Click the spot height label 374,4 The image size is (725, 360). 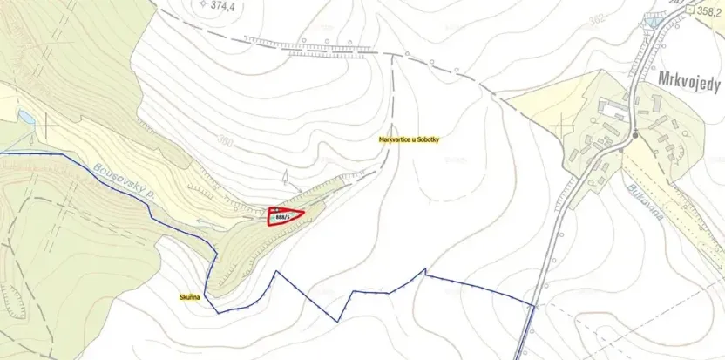pos(228,4)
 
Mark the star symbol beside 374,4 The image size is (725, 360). pos(203,4)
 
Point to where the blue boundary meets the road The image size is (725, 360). pos(533,305)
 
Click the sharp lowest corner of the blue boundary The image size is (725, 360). pos(338,320)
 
